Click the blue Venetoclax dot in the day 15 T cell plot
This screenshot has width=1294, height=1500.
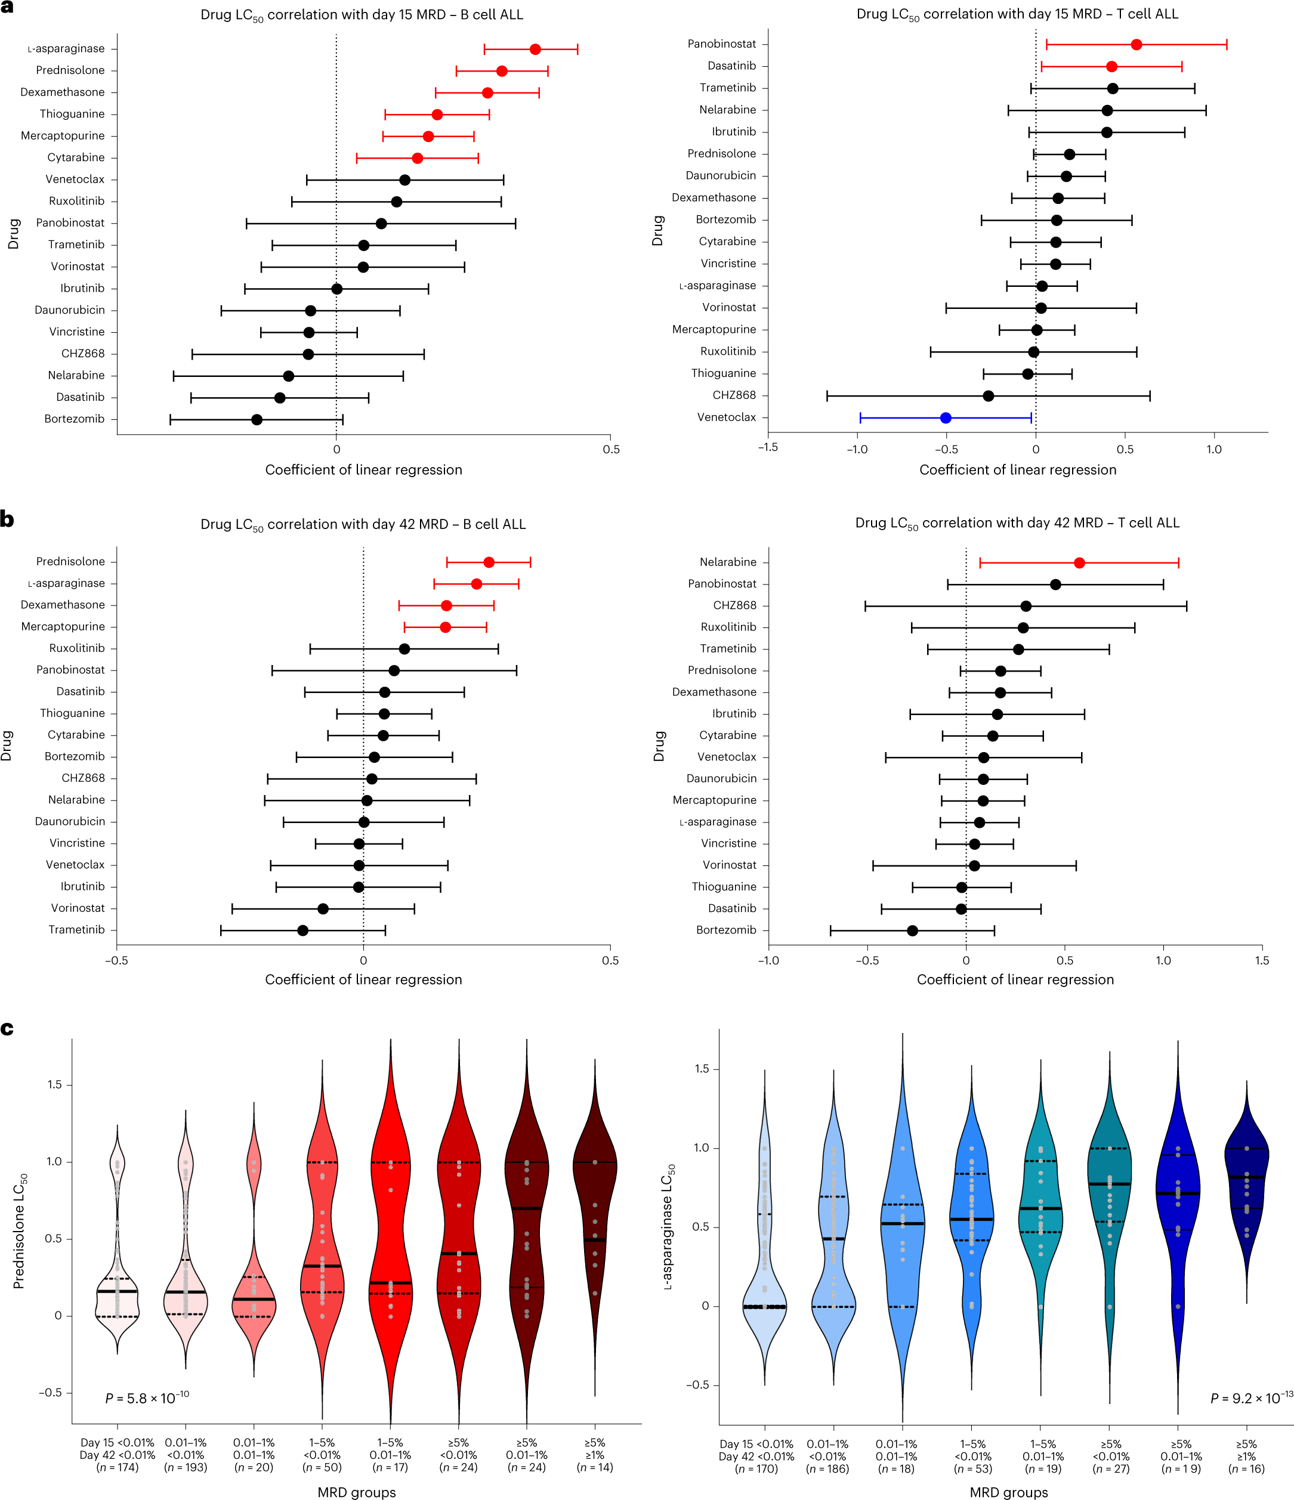point(945,417)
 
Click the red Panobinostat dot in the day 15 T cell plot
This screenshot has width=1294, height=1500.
point(1136,45)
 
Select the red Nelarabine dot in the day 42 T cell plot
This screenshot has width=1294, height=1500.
point(1079,562)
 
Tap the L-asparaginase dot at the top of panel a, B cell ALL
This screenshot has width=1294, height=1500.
point(535,50)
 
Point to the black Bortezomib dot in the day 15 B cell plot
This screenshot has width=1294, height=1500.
point(257,419)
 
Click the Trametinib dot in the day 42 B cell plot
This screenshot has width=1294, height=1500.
point(302,930)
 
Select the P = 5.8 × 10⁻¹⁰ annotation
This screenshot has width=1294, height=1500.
point(147,1398)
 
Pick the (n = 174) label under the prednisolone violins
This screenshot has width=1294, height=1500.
point(118,1467)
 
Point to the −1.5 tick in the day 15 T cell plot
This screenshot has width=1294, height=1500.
point(768,448)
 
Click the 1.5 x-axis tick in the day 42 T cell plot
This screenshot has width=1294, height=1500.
point(1261,960)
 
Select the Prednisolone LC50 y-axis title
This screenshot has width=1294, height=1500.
point(20,1230)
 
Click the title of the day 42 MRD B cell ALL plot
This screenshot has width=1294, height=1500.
point(363,524)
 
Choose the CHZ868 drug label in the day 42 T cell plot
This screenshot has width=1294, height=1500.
point(734,605)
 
